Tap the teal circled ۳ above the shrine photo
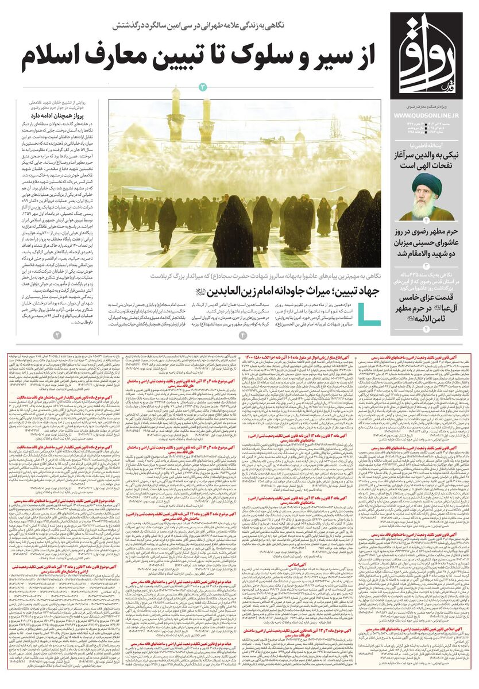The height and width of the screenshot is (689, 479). [x=203, y=87]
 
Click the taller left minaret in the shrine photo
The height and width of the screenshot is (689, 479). [x=175, y=115]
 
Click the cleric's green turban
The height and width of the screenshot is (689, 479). [x=431, y=185]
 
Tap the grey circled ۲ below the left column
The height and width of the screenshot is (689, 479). [x=56, y=335]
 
